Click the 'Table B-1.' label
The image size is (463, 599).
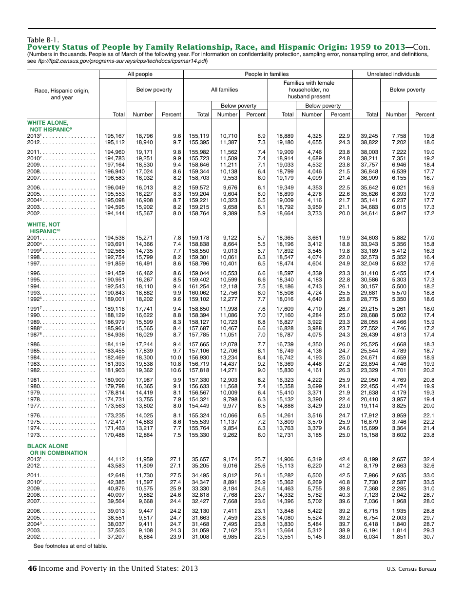pos(43,40)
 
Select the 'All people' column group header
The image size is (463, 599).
pos(140,74)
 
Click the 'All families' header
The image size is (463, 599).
pos(224,90)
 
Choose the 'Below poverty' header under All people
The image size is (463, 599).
pos(154,90)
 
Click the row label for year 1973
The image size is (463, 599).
pos(35,435)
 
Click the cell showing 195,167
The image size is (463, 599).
pos(115,136)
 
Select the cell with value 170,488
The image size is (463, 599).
pos(115,435)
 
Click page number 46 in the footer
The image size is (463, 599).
pos(32,568)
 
